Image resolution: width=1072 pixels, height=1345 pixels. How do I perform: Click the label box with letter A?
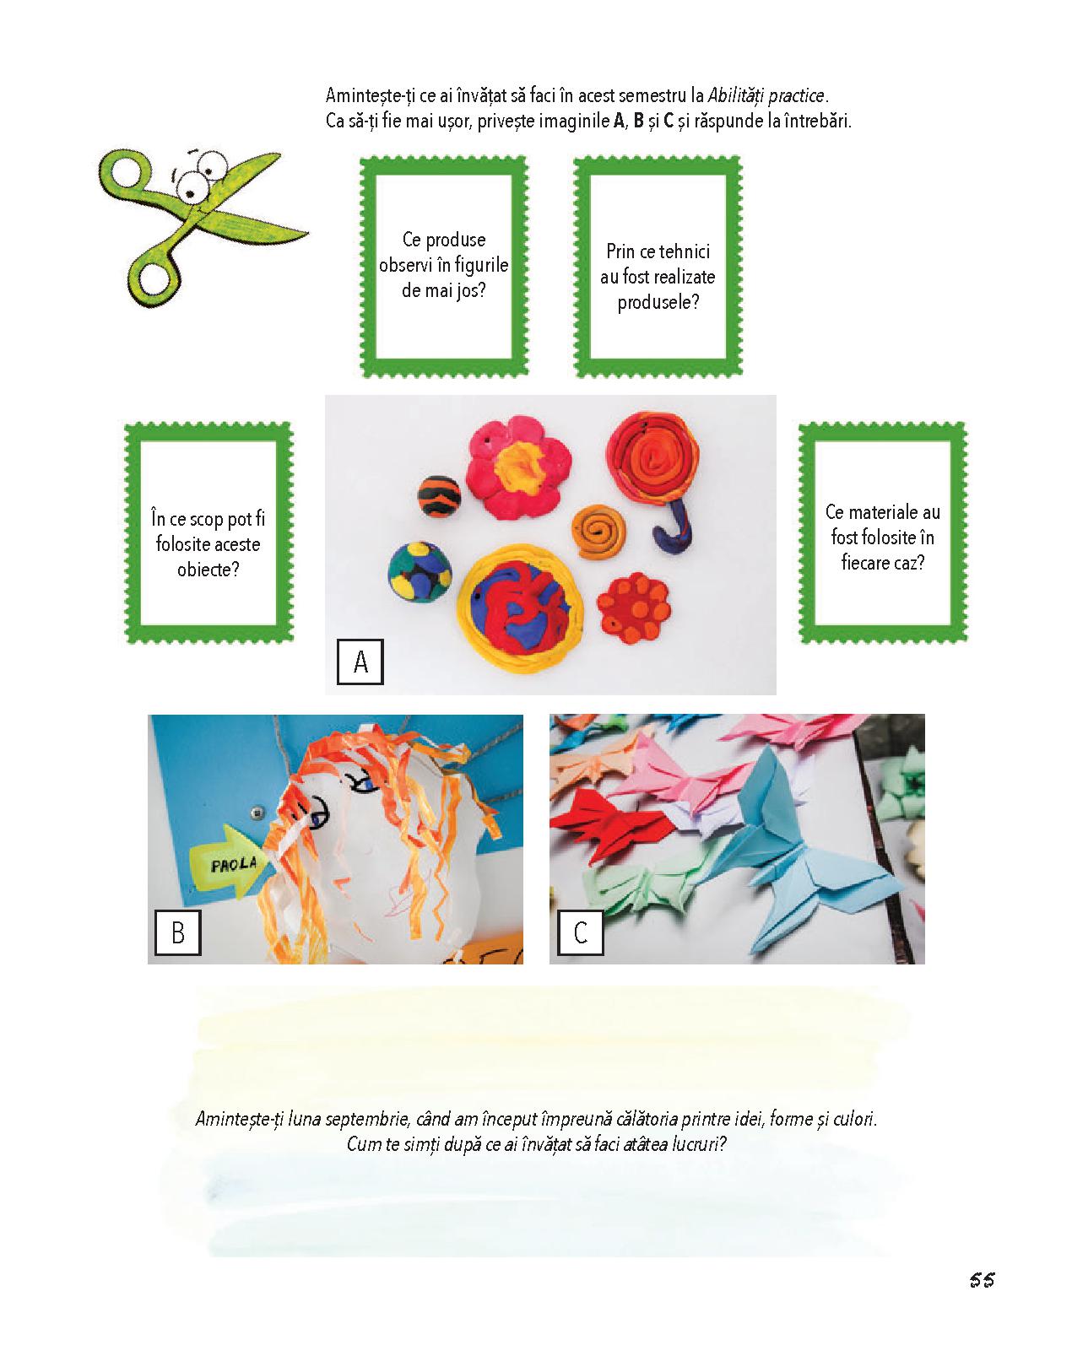[x=360, y=662]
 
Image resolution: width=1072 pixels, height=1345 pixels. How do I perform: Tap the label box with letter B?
[x=177, y=932]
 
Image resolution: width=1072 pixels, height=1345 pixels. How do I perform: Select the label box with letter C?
[x=581, y=932]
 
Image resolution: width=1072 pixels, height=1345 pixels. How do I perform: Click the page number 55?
[x=982, y=1280]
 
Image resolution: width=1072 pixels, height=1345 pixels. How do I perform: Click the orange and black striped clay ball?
[x=440, y=495]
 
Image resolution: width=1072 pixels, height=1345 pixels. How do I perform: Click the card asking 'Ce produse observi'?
[x=444, y=267]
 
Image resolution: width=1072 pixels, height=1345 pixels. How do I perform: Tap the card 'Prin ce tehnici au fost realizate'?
[x=658, y=267]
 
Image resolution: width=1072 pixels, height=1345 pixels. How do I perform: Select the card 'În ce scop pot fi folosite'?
[x=208, y=533]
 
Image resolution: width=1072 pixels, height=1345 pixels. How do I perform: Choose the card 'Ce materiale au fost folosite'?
[x=882, y=533]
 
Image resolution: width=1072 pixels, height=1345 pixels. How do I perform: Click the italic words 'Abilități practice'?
[x=766, y=96]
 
